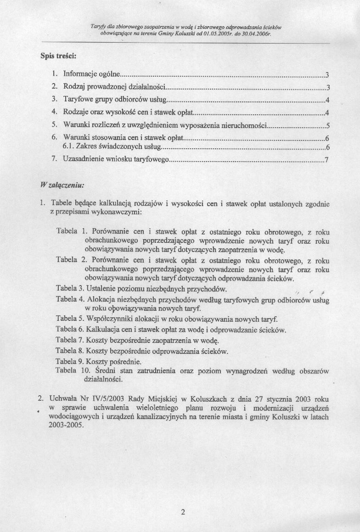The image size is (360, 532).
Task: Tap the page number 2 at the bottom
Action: pos(183,513)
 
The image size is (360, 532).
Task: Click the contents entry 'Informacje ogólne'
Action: pos(92,74)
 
